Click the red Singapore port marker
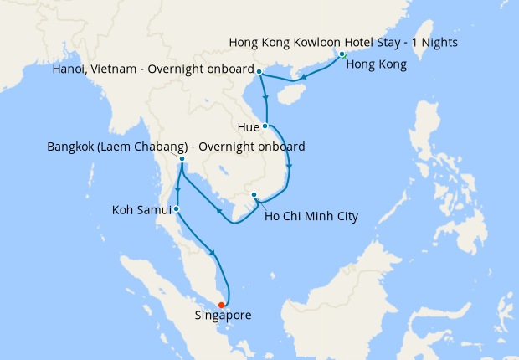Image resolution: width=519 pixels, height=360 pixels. pos(222,305)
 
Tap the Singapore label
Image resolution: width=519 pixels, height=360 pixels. pos(223,316)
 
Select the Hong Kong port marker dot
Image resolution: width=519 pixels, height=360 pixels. pos(342,54)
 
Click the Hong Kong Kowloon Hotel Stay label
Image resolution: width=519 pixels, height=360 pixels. pos(343,42)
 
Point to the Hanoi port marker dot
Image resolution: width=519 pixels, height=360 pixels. pos(259,71)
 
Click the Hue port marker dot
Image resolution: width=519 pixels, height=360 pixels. pos(265,126)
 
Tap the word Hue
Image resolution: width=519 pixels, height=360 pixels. pos(248,127)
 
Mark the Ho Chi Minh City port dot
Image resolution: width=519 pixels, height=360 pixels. pos(254,196)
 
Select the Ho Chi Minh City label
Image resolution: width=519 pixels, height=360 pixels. pos(311,217)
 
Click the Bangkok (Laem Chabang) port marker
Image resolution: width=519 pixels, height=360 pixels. pos(182,158)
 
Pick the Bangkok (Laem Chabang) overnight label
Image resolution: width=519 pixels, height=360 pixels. pos(176,147)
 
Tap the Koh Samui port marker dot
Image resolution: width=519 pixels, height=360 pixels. pos(176,208)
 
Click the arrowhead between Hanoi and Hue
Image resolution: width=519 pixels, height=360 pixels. pos(266,96)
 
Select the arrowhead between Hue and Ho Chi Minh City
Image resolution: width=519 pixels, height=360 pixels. pos(290,167)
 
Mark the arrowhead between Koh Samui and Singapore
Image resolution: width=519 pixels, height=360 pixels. pos(215,253)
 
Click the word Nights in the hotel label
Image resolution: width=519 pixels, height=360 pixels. pos(438,42)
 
